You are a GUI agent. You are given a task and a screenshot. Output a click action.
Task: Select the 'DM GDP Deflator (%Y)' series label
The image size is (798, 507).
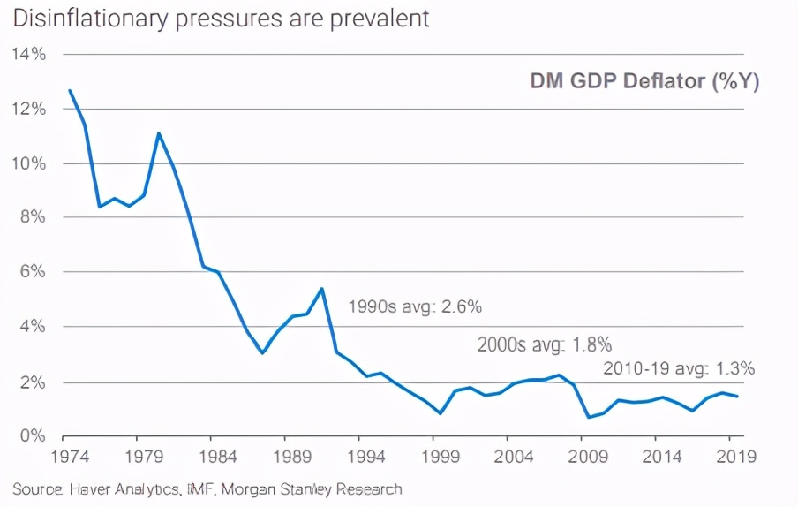click(x=644, y=81)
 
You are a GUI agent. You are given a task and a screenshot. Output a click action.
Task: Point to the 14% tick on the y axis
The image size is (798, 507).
click(x=28, y=55)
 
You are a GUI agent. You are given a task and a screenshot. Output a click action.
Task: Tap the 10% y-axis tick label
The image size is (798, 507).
click(x=28, y=163)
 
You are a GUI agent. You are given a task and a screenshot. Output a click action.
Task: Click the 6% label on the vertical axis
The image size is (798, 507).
click(x=32, y=272)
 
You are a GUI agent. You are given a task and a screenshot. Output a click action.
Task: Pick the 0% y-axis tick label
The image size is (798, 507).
click(x=32, y=436)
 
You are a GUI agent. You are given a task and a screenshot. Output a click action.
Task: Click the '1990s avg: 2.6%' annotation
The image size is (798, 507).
click(x=415, y=307)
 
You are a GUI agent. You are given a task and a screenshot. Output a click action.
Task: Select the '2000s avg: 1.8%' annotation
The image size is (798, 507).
click(x=545, y=344)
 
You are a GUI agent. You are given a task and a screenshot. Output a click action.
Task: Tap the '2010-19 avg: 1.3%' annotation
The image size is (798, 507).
click(x=679, y=368)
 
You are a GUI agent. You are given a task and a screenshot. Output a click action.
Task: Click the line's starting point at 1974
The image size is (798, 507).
click(x=70, y=90)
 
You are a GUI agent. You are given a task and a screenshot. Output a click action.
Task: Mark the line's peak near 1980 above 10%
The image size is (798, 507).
click(x=159, y=133)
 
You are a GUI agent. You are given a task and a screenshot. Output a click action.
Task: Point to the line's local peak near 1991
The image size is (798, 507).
click(x=321, y=289)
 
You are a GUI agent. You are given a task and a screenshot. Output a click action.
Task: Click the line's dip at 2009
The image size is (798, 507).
click(x=588, y=417)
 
